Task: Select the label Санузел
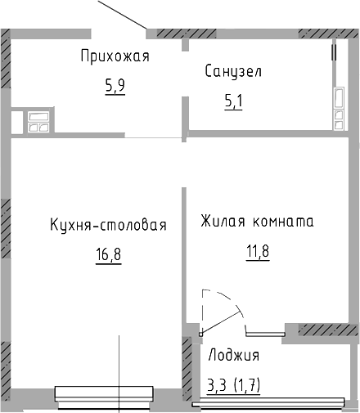click(x=233, y=71)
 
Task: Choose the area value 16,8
click(x=107, y=254)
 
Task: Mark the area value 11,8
click(x=256, y=249)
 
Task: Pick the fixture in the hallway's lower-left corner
click(x=39, y=121)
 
